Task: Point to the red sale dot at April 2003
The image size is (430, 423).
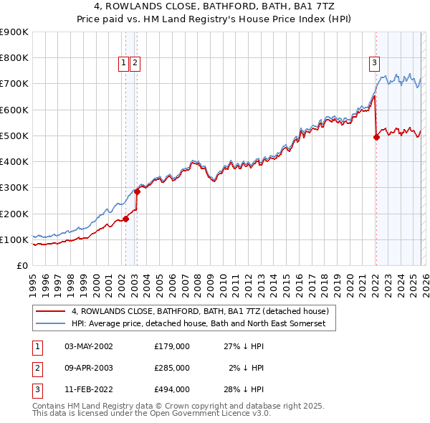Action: (x=137, y=191)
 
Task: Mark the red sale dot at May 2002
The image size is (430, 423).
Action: (x=125, y=219)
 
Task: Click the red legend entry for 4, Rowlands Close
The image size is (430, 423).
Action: (x=200, y=311)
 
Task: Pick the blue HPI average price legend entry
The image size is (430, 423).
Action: (x=199, y=323)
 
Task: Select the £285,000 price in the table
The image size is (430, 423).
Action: (x=172, y=368)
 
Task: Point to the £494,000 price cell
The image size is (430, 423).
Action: (x=172, y=390)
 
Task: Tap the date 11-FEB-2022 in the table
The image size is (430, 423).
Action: (x=89, y=390)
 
